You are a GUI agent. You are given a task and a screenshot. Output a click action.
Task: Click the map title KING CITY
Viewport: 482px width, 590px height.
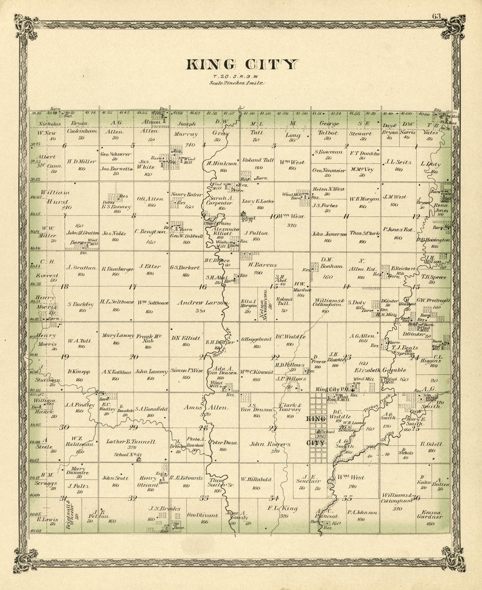(241, 65)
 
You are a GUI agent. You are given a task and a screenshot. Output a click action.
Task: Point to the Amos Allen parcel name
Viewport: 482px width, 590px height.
(203, 407)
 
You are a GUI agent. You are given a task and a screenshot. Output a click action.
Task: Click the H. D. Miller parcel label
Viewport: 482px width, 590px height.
(82, 161)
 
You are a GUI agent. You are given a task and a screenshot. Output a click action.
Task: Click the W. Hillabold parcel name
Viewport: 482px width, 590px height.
(256, 479)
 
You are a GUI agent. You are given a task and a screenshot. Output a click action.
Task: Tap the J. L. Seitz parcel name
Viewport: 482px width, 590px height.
(398, 162)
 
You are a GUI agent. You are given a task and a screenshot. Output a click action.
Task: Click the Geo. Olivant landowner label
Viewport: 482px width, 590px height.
(202, 515)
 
